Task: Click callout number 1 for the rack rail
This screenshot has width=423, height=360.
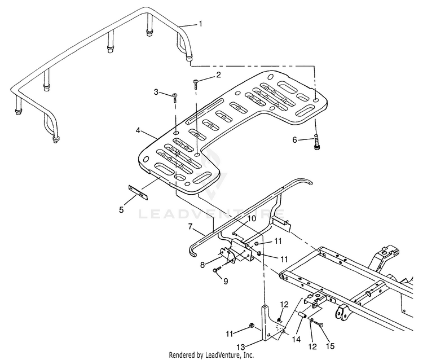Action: click(200, 24)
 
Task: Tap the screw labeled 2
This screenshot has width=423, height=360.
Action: click(196, 84)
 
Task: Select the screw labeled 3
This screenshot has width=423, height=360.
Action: click(175, 98)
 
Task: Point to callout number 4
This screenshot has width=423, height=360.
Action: click(138, 130)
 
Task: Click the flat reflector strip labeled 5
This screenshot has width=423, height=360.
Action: click(138, 192)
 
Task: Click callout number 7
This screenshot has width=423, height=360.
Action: click(191, 226)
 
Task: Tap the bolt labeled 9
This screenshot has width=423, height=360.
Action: click(217, 269)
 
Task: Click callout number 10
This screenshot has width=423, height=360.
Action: click(251, 218)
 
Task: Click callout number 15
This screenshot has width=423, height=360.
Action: click(330, 346)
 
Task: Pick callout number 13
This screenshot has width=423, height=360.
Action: click(241, 347)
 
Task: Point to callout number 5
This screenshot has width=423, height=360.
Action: click(121, 209)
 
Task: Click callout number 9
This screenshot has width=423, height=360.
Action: click(226, 281)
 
